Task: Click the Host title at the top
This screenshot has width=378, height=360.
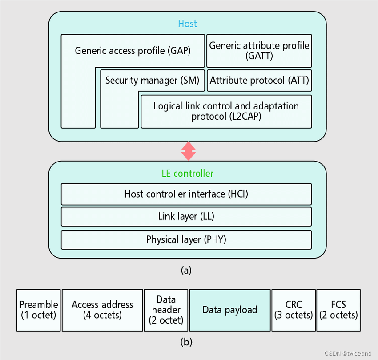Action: pyautogui.click(x=187, y=24)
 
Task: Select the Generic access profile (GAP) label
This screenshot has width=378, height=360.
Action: pyautogui.click(x=133, y=50)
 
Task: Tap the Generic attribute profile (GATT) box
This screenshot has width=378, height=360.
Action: pyautogui.click(x=259, y=50)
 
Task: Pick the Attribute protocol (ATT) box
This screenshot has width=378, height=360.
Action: pyautogui.click(x=259, y=81)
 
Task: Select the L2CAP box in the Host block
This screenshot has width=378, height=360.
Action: pyautogui.click(x=226, y=111)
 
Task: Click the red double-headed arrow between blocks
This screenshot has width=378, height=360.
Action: pyautogui.click(x=188, y=151)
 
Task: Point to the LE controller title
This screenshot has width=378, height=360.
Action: pyautogui.click(x=187, y=173)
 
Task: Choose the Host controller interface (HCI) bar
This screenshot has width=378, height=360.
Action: pyautogui.click(x=186, y=194)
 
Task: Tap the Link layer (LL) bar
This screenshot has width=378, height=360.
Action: pyautogui.click(x=186, y=217)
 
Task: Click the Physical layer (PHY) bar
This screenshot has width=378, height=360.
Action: pyautogui.click(x=186, y=239)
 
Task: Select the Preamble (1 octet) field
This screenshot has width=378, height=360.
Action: pyautogui.click(x=39, y=310)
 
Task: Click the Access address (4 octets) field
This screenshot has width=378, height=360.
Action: pyautogui.click(x=102, y=310)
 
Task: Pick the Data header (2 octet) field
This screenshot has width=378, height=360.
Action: pyautogui.click(x=166, y=310)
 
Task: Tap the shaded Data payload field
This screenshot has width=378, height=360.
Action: pyautogui.click(x=229, y=310)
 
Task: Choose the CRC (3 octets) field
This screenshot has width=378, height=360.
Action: pyautogui.click(x=294, y=310)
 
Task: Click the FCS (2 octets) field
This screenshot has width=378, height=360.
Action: pyautogui.click(x=338, y=310)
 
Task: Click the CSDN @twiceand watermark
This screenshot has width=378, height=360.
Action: pyautogui.click(x=348, y=353)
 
